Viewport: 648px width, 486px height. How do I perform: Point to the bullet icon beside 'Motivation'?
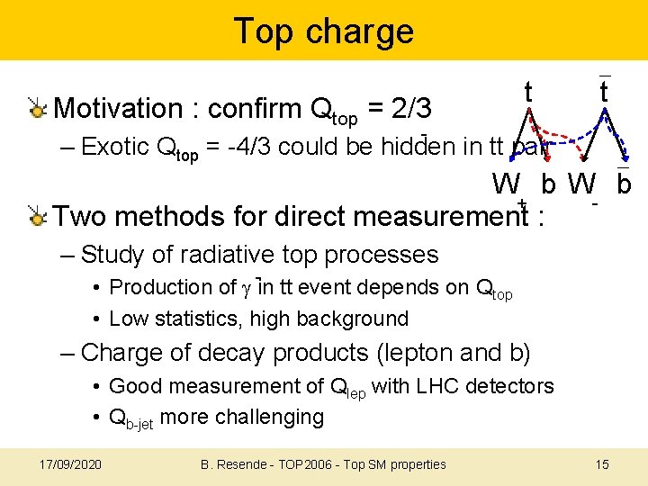point(37,109)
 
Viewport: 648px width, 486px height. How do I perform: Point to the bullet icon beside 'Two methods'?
point(37,217)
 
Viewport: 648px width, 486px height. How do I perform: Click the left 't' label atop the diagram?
point(529,91)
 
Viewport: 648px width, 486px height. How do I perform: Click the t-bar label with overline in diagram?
point(605,91)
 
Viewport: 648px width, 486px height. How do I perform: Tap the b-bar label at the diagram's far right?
point(623,184)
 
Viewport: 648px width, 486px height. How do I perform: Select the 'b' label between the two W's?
point(548,184)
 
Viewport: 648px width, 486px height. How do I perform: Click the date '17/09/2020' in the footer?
point(71,464)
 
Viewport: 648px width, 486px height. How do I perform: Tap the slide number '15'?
point(602,464)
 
